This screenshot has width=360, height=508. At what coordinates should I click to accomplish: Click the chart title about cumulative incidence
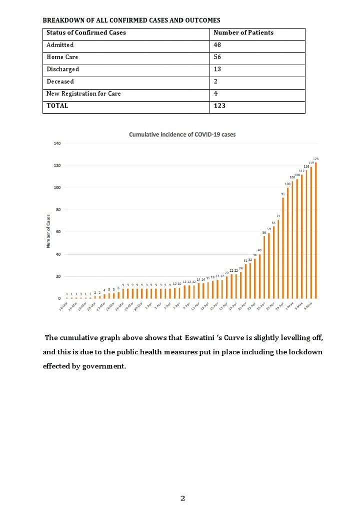pos(182,135)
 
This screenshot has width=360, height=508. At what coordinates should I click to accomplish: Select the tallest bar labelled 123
pos(316,230)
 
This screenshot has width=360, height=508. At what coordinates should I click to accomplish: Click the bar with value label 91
pos(283,248)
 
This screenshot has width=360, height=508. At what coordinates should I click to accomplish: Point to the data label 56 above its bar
pos(264,233)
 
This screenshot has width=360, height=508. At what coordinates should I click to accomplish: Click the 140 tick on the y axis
pos(57,144)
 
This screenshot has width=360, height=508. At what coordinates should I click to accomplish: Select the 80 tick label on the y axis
pos(58,210)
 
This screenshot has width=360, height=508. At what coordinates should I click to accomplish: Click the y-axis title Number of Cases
pos(48,231)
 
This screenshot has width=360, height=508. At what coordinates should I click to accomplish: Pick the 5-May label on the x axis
pos(308,306)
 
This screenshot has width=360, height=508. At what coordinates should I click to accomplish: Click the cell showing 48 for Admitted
pos(217,45)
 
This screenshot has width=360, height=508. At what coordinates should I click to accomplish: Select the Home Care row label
pos(62,58)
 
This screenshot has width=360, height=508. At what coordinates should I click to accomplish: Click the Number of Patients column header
pos(243,33)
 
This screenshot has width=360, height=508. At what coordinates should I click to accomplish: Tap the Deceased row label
pos(60,82)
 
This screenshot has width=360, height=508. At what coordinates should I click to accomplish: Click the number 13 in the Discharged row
pos(217,70)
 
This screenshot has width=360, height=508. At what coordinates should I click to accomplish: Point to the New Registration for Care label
pos(83,94)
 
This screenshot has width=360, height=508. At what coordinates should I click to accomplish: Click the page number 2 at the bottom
pos(182,498)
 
